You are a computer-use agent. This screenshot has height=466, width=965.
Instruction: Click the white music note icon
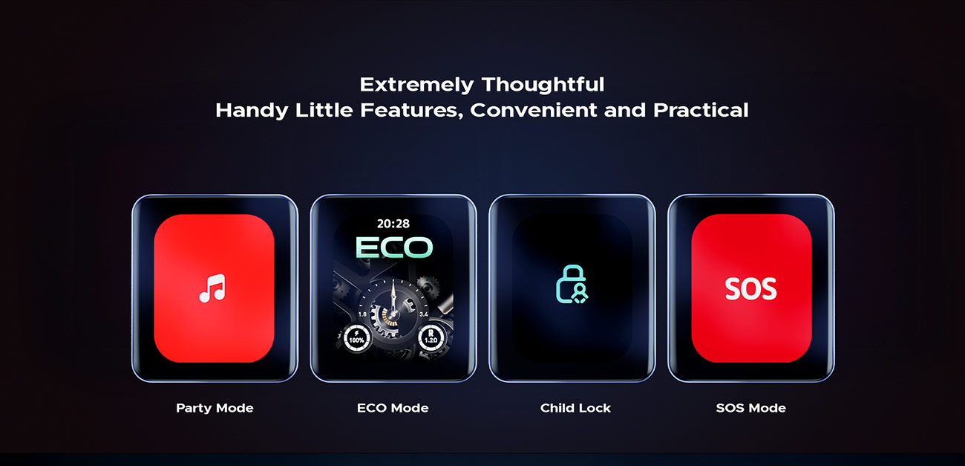(x=212, y=288)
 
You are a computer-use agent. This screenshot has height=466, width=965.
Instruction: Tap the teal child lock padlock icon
(x=572, y=285)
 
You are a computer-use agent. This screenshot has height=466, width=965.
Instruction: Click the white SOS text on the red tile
(x=751, y=288)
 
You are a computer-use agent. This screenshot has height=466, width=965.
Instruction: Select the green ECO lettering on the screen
(x=393, y=247)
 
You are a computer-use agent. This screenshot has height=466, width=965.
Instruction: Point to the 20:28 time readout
(x=393, y=224)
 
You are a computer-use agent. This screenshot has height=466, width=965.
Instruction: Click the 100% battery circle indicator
(x=356, y=338)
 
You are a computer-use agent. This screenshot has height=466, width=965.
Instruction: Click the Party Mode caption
(x=215, y=408)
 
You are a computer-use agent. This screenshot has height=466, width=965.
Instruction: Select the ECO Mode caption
(x=393, y=408)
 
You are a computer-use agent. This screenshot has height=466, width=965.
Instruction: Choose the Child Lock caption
(x=575, y=408)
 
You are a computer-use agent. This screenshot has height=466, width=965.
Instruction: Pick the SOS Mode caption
(x=751, y=408)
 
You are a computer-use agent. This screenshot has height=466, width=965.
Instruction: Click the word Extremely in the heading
(x=416, y=85)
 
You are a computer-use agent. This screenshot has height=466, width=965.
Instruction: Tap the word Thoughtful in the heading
(x=543, y=85)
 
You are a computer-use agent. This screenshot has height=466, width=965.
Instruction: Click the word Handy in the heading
(x=252, y=111)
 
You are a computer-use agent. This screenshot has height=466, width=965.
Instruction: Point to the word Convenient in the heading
(x=534, y=110)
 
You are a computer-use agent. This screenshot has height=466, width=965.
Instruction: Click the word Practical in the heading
(x=701, y=110)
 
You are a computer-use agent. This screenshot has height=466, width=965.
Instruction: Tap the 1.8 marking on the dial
(x=363, y=314)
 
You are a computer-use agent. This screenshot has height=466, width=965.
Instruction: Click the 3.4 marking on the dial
(x=424, y=314)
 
